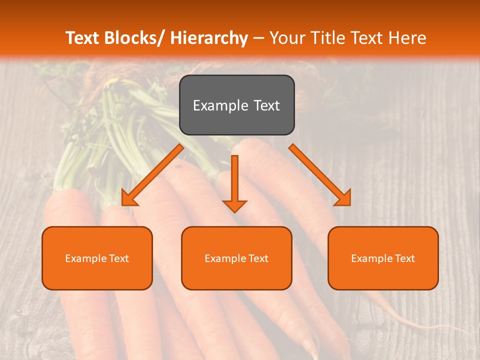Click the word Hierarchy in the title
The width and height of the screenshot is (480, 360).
click(209, 38)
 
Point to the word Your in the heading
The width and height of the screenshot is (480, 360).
click(285, 38)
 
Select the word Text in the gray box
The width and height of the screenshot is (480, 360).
click(265, 106)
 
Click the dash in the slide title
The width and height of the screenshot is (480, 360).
click(258, 38)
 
